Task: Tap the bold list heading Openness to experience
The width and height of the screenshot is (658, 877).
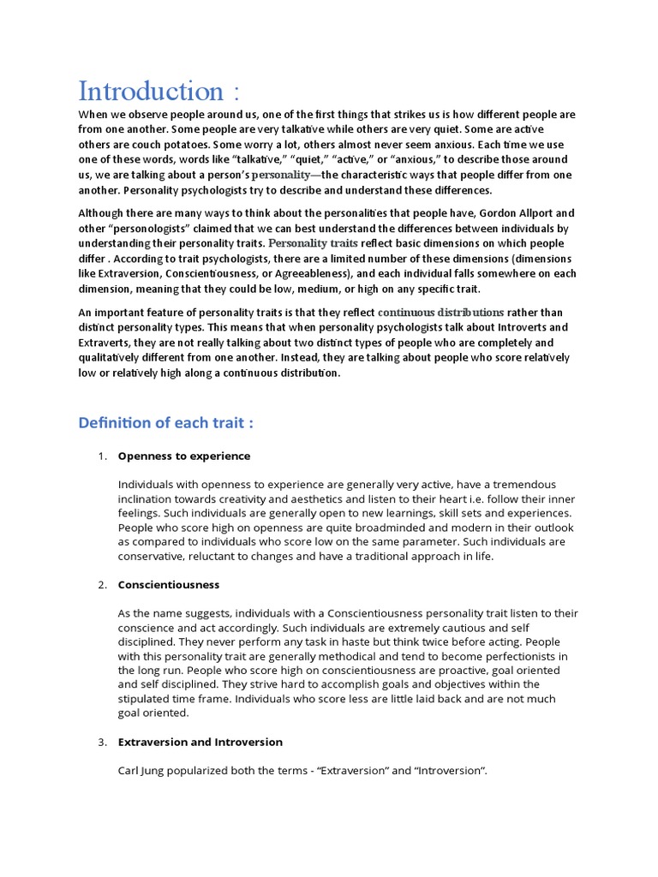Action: pos(184,456)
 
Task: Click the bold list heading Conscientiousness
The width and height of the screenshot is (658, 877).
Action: pos(169,584)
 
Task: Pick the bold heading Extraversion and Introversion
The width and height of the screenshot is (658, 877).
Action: pos(200,741)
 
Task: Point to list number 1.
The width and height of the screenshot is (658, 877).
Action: pos(101,456)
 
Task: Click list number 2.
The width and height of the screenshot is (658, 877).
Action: pos(101,584)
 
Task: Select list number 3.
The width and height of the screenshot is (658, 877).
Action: pos(101,741)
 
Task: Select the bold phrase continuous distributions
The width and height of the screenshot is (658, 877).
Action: pos(440,312)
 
